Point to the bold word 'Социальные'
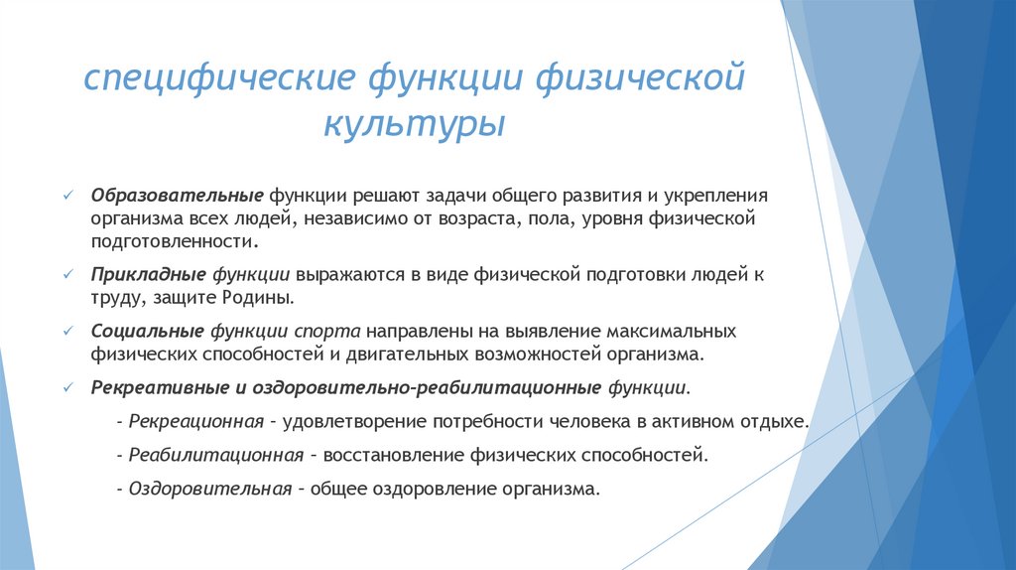pyautogui.click(x=147, y=330)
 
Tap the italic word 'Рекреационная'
pyautogui.click(x=194, y=421)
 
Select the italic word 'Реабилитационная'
pyautogui.click(x=214, y=455)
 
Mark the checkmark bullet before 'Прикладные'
pyautogui.click(x=66, y=273)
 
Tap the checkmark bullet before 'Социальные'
pyautogui.click(x=66, y=330)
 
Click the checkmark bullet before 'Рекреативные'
pyautogui.click(x=66, y=386)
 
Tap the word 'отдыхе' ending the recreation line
pyautogui.click(x=776, y=421)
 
